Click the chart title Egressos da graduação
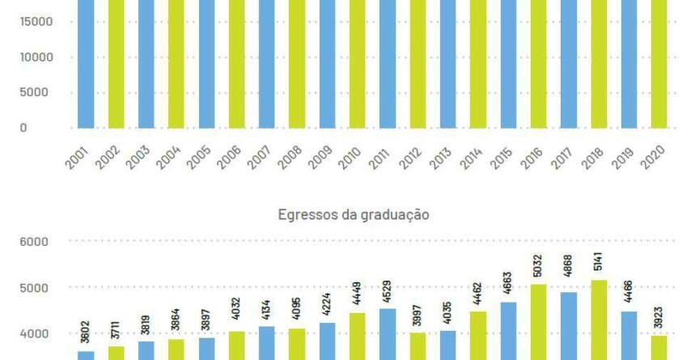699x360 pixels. pyautogui.click(x=353, y=215)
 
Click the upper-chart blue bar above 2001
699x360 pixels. pyautogui.click(x=86, y=65)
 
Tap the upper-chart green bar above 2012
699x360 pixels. pyautogui.click(x=418, y=65)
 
